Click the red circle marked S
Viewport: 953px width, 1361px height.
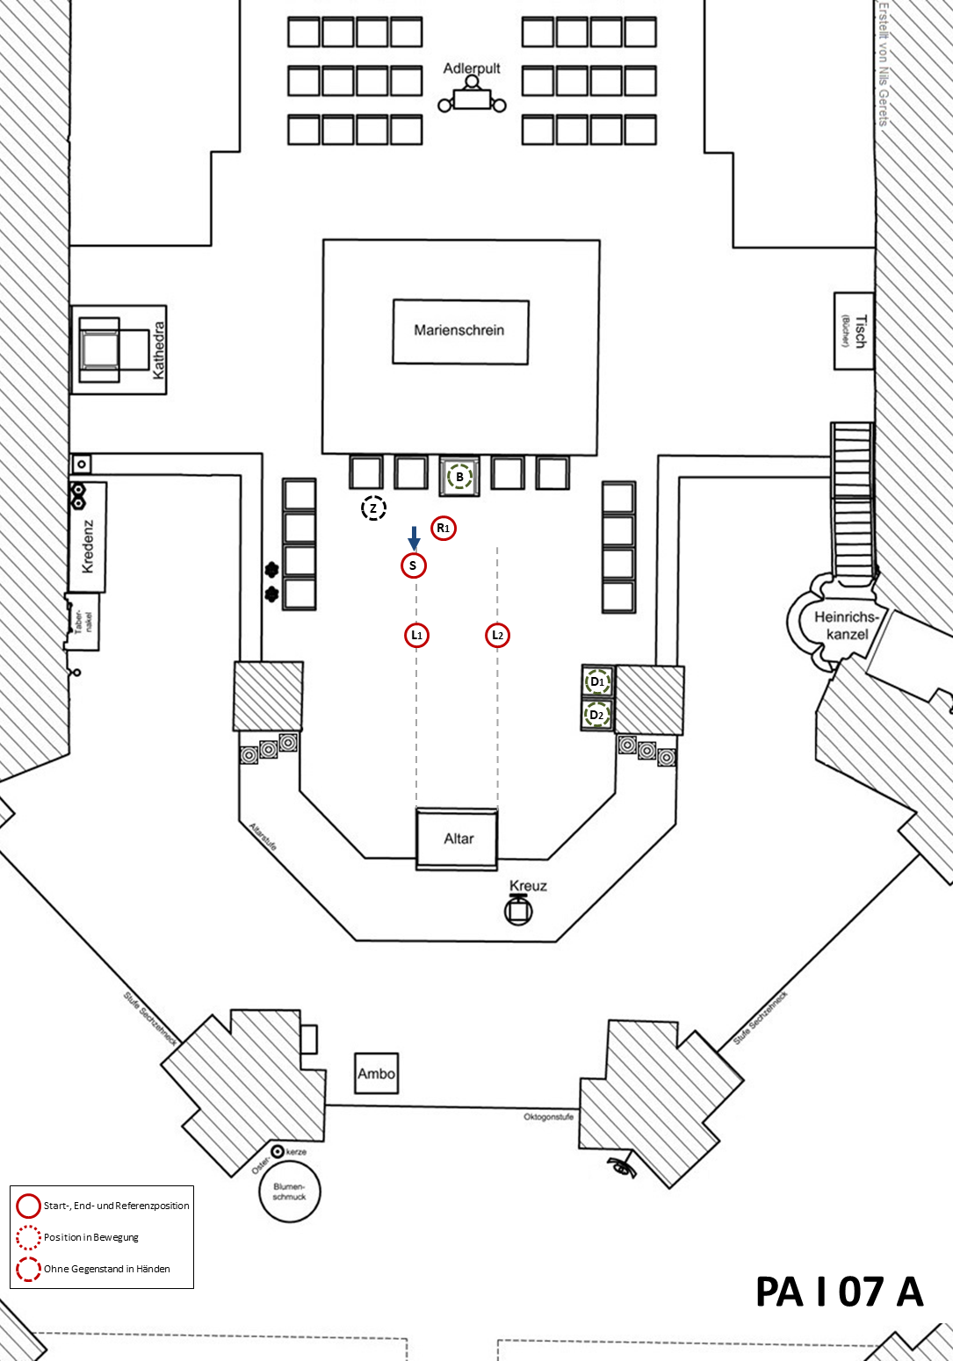point(414,565)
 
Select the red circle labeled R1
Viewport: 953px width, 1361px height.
point(444,529)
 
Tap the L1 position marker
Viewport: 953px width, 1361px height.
point(417,635)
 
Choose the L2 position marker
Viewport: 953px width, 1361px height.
point(498,635)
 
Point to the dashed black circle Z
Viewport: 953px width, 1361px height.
point(373,508)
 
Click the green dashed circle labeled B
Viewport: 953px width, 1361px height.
point(459,477)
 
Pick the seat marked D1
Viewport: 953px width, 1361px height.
point(597,681)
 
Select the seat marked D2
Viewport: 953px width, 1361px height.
point(597,715)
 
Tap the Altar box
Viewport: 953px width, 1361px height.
point(458,839)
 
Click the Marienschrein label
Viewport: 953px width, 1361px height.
point(459,330)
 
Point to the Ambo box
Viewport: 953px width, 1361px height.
point(376,1073)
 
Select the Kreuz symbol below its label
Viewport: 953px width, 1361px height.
point(518,911)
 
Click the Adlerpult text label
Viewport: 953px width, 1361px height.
point(472,68)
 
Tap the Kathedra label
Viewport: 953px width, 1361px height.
point(159,350)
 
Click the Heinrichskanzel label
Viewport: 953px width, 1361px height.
point(846,624)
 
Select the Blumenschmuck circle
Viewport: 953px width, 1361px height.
point(289,1192)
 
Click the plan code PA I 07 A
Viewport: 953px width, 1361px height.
point(839,1292)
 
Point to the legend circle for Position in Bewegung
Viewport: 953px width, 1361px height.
point(28,1237)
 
